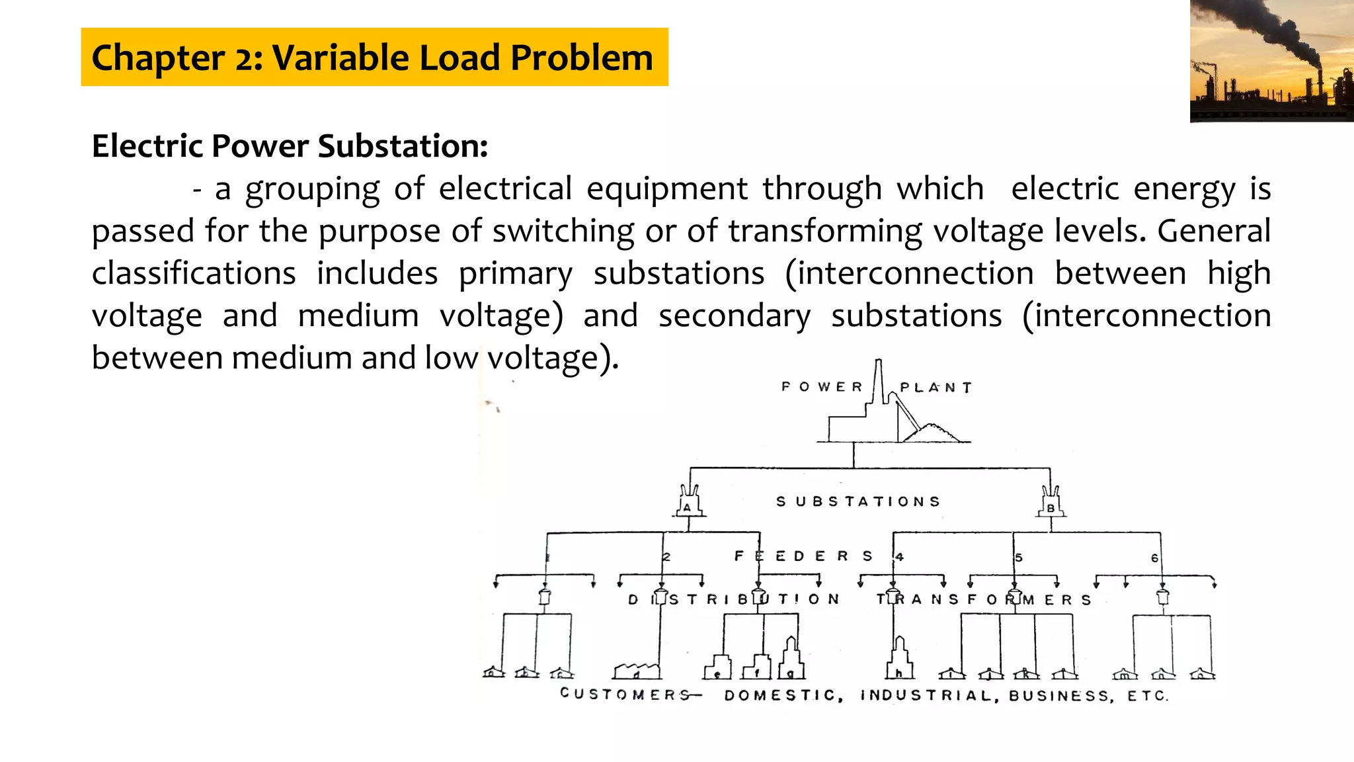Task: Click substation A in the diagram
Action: pyautogui.click(x=688, y=503)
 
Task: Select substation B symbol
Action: pyautogui.click(x=1051, y=503)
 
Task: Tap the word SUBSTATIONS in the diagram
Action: pyautogui.click(x=857, y=502)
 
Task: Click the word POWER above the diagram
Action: pyautogui.click(x=822, y=387)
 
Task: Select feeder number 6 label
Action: pyautogui.click(x=1154, y=558)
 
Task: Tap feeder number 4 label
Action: pyautogui.click(x=900, y=557)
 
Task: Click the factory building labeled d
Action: pyautogui.click(x=636, y=671)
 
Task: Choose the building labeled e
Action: pyautogui.click(x=717, y=667)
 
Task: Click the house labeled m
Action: pyautogui.click(x=1125, y=674)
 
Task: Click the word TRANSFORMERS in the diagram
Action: pyautogui.click(x=984, y=600)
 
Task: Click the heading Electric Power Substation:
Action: pyautogui.click(x=290, y=146)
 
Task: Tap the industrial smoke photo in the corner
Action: pyautogui.click(x=1271, y=61)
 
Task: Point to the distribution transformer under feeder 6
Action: pyautogui.click(x=1163, y=597)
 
